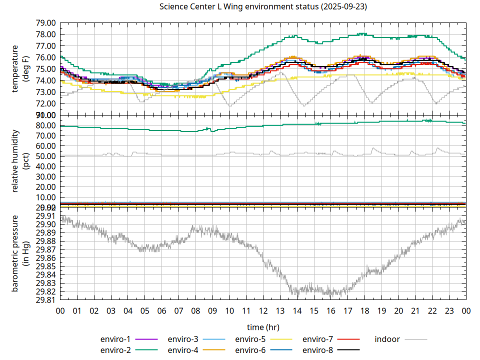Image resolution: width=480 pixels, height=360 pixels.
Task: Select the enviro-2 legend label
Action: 115,350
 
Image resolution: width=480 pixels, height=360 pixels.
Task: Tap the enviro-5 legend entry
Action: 250,339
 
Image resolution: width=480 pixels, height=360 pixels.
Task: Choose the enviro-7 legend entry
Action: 317,339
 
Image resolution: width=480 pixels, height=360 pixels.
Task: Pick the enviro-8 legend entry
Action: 317,350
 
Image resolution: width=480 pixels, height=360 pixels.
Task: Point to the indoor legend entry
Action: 387,339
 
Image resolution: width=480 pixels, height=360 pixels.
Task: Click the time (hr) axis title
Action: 263,327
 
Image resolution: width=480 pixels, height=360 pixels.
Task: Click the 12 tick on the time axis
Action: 263,310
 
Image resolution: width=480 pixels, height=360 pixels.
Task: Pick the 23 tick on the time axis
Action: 449,310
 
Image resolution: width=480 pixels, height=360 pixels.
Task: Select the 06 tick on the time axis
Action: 161,310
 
